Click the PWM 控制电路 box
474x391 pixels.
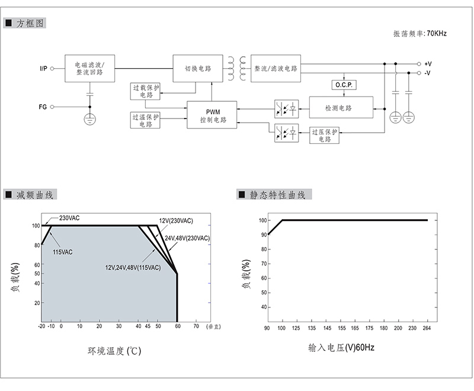212,114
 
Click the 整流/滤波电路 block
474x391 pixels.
276,69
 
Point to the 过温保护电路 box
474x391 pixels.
145,120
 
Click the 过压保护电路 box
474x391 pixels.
325,135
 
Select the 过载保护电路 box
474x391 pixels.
145,91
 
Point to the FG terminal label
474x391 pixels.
43,107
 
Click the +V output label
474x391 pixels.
428,63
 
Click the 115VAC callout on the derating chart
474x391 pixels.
63,252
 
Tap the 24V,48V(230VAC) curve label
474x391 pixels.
187,238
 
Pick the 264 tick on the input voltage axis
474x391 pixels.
427,328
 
